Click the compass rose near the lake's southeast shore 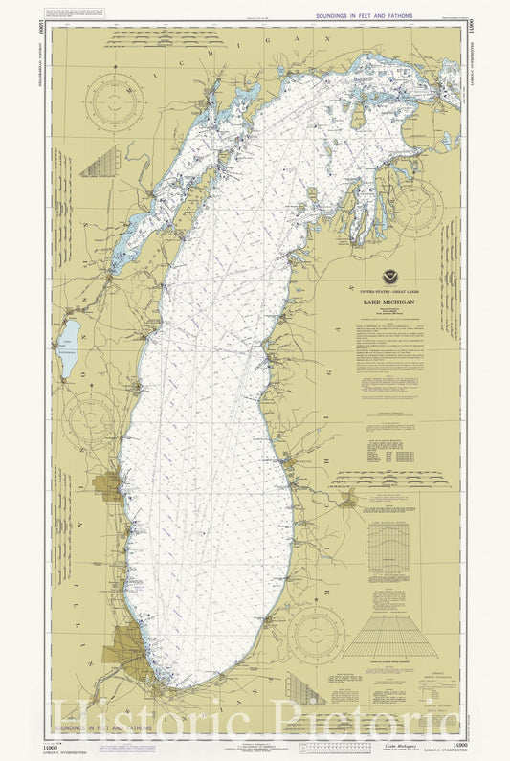tap(317, 631)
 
